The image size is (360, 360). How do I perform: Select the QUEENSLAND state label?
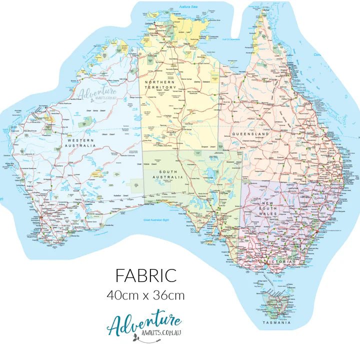(250, 134)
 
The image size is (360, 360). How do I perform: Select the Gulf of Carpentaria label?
(231, 39)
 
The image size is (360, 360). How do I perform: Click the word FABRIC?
(146, 275)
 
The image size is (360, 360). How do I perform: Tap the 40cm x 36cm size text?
(146, 295)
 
